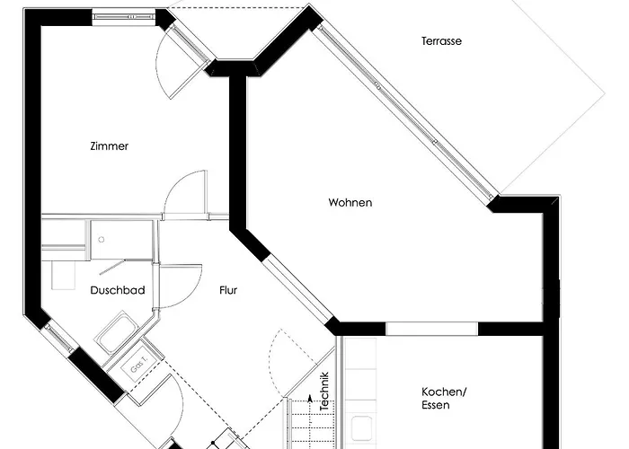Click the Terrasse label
441,41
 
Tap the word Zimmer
109,145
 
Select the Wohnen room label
350,202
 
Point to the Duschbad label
118,290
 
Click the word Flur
228,290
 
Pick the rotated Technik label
324,392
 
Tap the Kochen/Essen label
444,398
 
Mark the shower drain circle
102,240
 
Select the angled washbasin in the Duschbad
116,333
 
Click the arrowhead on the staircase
309,398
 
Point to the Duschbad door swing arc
181,286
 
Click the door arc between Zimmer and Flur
185,194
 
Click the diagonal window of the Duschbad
59,339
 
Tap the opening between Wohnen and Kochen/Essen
431,329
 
